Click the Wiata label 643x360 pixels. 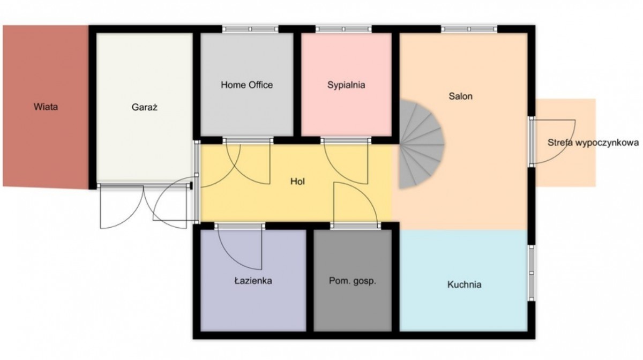(x=46, y=107)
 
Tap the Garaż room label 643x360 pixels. (x=144, y=107)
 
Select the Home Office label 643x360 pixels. (x=246, y=85)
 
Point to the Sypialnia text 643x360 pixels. (x=346, y=85)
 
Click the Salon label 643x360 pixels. (x=460, y=96)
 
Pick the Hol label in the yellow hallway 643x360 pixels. (x=297, y=182)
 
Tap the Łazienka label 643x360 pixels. (x=253, y=281)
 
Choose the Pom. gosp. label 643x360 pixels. (x=352, y=281)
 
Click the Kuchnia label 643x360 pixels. (x=464, y=284)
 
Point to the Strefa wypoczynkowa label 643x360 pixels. (x=593, y=142)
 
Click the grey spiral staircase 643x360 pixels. (x=421, y=144)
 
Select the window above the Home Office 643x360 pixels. (x=250, y=29)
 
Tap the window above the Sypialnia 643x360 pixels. (x=343, y=29)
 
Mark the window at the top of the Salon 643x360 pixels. (x=469, y=29)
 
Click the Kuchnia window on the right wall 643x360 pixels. (x=532, y=273)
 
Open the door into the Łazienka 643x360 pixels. (x=240, y=247)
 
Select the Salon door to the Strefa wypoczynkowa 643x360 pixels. (x=552, y=142)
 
